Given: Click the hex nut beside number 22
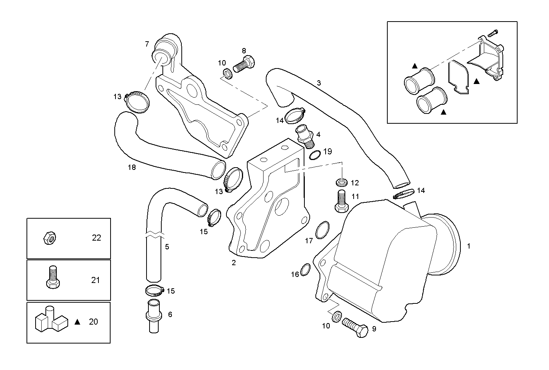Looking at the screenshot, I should coord(50,238).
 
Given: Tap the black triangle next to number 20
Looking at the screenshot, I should coord(78,322).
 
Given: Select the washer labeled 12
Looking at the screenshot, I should coord(342,183).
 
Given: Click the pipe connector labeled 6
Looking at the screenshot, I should coord(153,316).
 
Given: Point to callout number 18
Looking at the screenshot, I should coord(132,167).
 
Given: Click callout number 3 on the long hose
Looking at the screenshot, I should coord(319,82).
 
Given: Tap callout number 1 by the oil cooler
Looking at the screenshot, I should coord(468,246).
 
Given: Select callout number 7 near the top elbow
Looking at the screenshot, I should coord(147,44).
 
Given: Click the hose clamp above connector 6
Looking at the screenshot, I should coord(154,291).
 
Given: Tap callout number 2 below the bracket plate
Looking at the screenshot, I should coord(234,263).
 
